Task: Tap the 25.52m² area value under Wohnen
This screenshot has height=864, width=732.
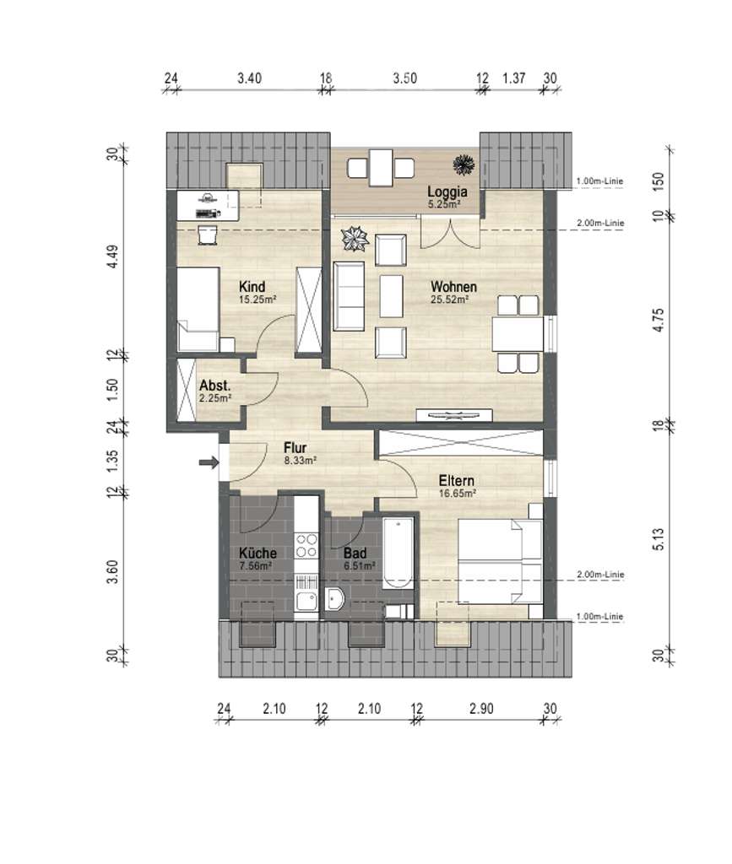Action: pyautogui.click(x=449, y=299)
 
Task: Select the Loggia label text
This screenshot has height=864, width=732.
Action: pyautogui.click(x=446, y=190)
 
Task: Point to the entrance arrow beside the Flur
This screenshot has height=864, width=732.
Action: pyautogui.click(x=208, y=462)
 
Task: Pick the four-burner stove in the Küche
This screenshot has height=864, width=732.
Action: pyautogui.click(x=305, y=547)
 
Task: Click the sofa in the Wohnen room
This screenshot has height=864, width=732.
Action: pyautogui.click(x=349, y=296)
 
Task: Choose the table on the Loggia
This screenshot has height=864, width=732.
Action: pyautogui.click(x=382, y=165)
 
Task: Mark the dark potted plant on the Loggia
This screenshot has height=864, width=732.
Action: pyautogui.click(x=463, y=162)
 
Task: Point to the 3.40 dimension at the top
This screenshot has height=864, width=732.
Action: pyautogui.click(x=249, y=78)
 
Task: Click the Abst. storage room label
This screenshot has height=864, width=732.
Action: pyautogui.click(x=215, y=386)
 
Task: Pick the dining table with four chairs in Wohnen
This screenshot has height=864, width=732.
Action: pyautogui.click(x=518, y=334)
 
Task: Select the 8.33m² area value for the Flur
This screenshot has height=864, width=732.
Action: pyautogui.click(x=299, y=461)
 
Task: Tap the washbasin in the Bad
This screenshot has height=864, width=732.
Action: pyautogui.click(x=335, y=598)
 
